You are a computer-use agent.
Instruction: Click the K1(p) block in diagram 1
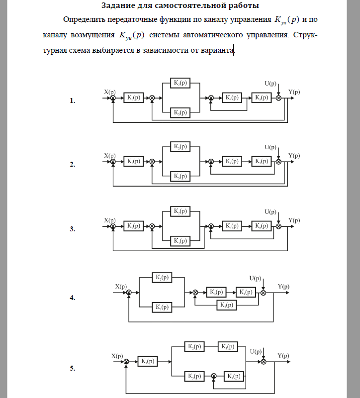(x=133, y=98)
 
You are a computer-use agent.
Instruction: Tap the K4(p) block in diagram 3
(x=232, y=226)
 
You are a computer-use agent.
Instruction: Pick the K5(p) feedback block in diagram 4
(x=226, y=305)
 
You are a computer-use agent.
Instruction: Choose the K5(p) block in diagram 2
(x=262, y=161)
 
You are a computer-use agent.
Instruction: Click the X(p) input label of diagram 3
(x=109, y=219)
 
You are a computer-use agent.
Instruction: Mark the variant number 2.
(x=72, y=165)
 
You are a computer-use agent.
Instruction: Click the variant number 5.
(x=72, y=369)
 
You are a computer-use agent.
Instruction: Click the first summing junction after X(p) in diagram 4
(x=129, y=293)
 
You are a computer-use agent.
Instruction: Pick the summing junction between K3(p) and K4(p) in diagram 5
(x=214, y=376)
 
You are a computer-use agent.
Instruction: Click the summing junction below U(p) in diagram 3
(x=278, y=226)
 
